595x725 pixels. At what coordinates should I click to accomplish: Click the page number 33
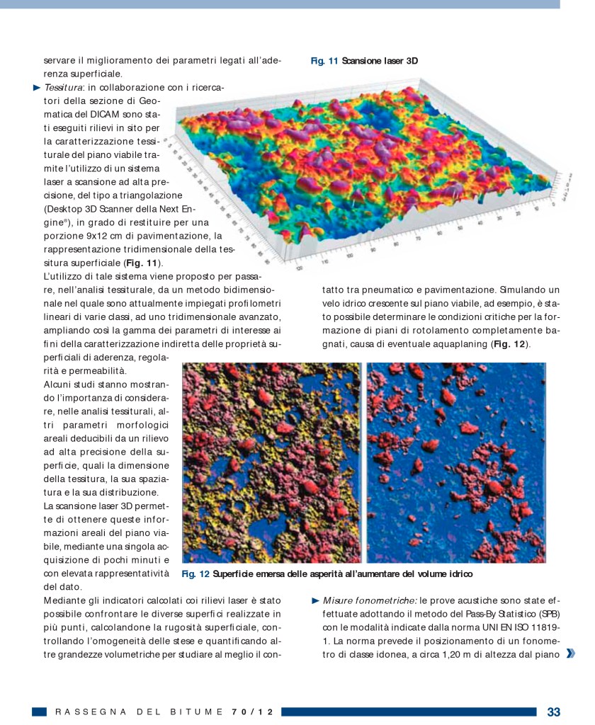553,712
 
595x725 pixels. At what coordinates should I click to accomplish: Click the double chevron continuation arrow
570,653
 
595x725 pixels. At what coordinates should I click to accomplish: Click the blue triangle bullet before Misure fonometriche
316,600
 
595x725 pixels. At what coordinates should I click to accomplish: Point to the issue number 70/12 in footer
252,712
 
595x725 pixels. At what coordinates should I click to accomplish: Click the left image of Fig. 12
272,462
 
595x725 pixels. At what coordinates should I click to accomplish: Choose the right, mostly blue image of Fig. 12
456,462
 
